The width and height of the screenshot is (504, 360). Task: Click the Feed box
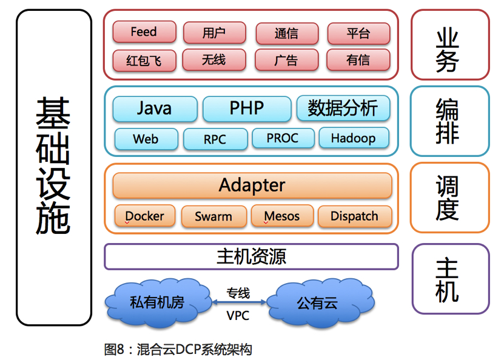tap(144, 32)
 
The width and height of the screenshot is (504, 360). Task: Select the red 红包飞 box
tap(144, 61)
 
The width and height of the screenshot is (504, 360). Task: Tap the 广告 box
tap(286, 60)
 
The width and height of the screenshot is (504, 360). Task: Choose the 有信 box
tap(358, 60)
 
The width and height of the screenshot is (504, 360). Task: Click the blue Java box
tap(155, 108)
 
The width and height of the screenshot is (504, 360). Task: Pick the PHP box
tap(247, 108)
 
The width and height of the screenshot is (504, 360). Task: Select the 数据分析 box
tap(343, 108)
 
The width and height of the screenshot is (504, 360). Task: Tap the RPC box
tap(215, 139)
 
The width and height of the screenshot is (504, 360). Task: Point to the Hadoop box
tap(353, 138)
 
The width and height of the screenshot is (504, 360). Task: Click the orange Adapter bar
tap(252, 185)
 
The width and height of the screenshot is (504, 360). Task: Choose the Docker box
tap(144, 216)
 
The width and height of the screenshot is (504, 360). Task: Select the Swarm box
tap(213, 216)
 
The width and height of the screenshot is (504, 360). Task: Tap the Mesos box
tap(282, 216)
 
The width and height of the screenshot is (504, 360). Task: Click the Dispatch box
tap(354, 216)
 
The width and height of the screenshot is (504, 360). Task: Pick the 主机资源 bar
tap(251, 256)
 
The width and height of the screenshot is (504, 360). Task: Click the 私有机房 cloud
tap(156, 301)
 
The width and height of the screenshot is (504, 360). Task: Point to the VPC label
tap(238, 315)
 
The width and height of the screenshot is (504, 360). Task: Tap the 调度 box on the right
tap(449, 198)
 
